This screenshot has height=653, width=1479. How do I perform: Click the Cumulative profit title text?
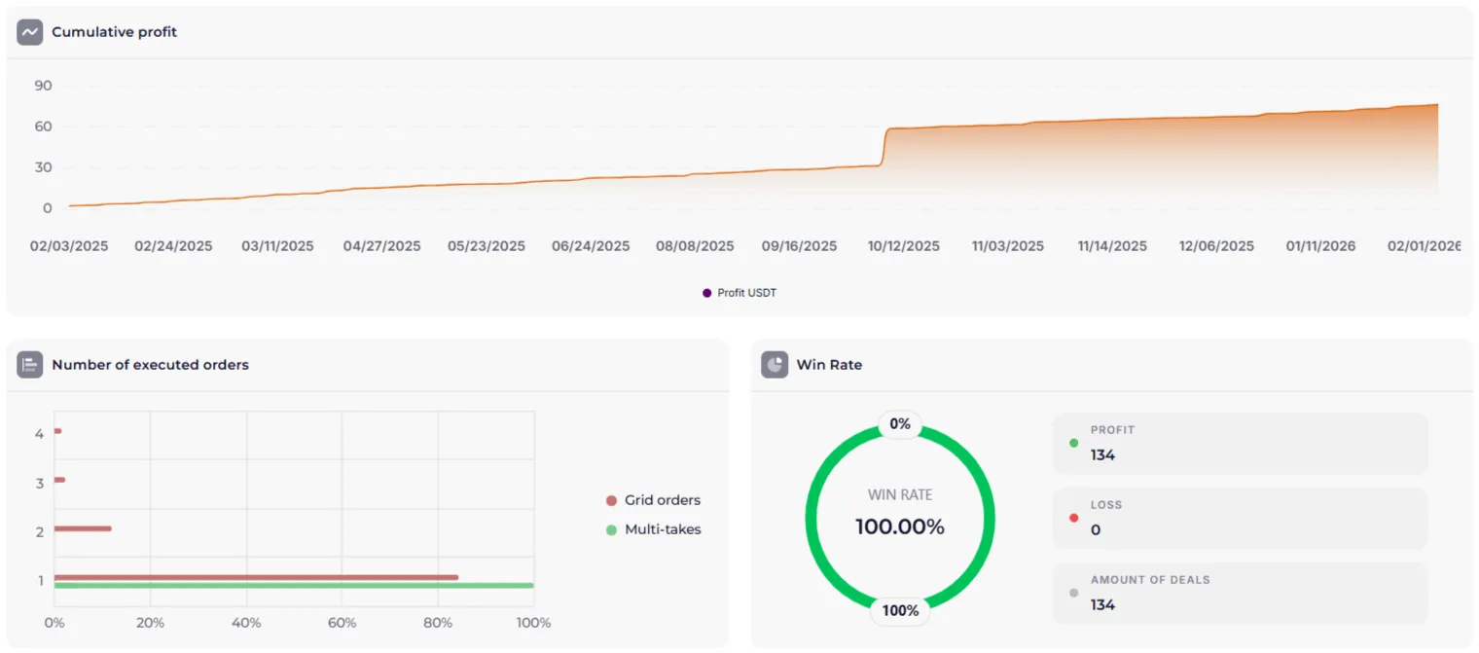[x=114, y=32]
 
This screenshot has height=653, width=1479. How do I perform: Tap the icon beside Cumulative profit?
[x=30, y=32]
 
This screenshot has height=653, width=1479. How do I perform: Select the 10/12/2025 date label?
[x=904, y=246]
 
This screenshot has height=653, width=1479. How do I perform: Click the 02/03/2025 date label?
[x=69, y=246]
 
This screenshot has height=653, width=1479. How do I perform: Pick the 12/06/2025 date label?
[x=1216, y=246]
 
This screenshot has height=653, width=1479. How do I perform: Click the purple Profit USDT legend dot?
[x=707, y=293]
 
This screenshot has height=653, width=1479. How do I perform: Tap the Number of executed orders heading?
[x=150, y=365]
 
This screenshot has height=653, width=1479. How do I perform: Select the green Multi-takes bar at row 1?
[x=292, y=585]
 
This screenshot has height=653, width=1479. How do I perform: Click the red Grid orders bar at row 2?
[x=83, y=528]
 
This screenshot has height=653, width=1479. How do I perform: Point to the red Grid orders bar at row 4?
[x=58, y=431]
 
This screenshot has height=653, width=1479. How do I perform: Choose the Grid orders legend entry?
[x=662, y=500]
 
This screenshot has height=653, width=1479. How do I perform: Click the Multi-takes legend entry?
[x=662, y=529]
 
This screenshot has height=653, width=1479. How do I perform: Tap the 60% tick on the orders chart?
[x=342, y=623]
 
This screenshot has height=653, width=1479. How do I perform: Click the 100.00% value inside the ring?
[x=900, y=526]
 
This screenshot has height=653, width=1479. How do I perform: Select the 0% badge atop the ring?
[x=900, y=424]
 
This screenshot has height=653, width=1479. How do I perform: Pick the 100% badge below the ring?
[x=900, y=610]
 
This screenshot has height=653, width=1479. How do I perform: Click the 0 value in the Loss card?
[x=1096, y=530]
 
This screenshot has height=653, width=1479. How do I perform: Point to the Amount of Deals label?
[x=1149, y=580]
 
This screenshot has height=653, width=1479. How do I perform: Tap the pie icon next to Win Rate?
[x=775, y=365]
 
